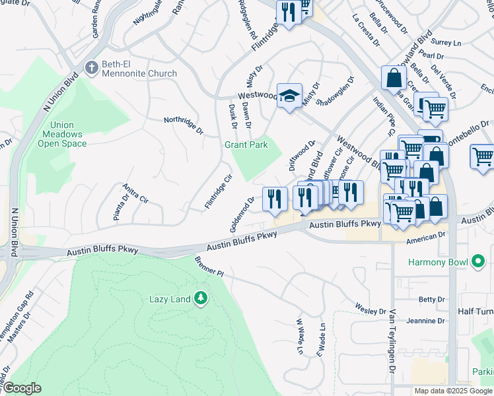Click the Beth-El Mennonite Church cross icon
coord(92,67)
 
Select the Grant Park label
coord(246,145)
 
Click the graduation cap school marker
coord(289,96)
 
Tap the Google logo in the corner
coord(22,388)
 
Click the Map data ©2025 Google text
coord(453,391)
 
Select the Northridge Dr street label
coord(184,124)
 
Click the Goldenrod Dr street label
coord(242,213)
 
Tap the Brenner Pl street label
coord(210,267)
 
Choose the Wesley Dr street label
coord(370,309)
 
